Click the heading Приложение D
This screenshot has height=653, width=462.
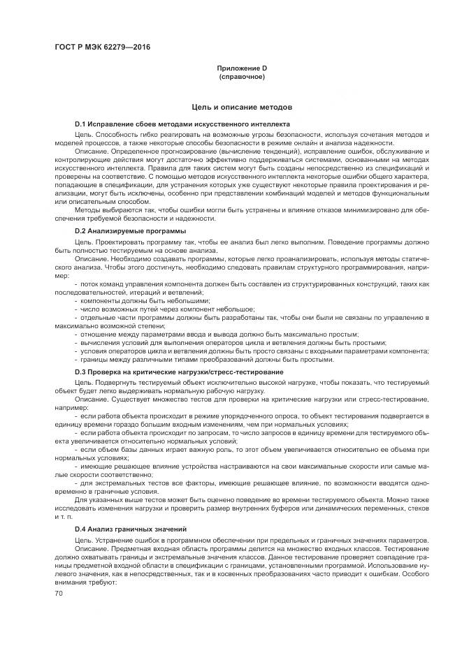[242, 68]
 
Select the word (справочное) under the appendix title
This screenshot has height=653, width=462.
[242, 76]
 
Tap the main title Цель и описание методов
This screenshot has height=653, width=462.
[242, 107]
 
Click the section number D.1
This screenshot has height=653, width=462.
[82, 124]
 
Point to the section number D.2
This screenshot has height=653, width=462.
[82, 230]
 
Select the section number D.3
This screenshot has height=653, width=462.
[82, 372]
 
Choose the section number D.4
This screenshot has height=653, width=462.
[82, 529]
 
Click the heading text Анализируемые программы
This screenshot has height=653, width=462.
[140, 230]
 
